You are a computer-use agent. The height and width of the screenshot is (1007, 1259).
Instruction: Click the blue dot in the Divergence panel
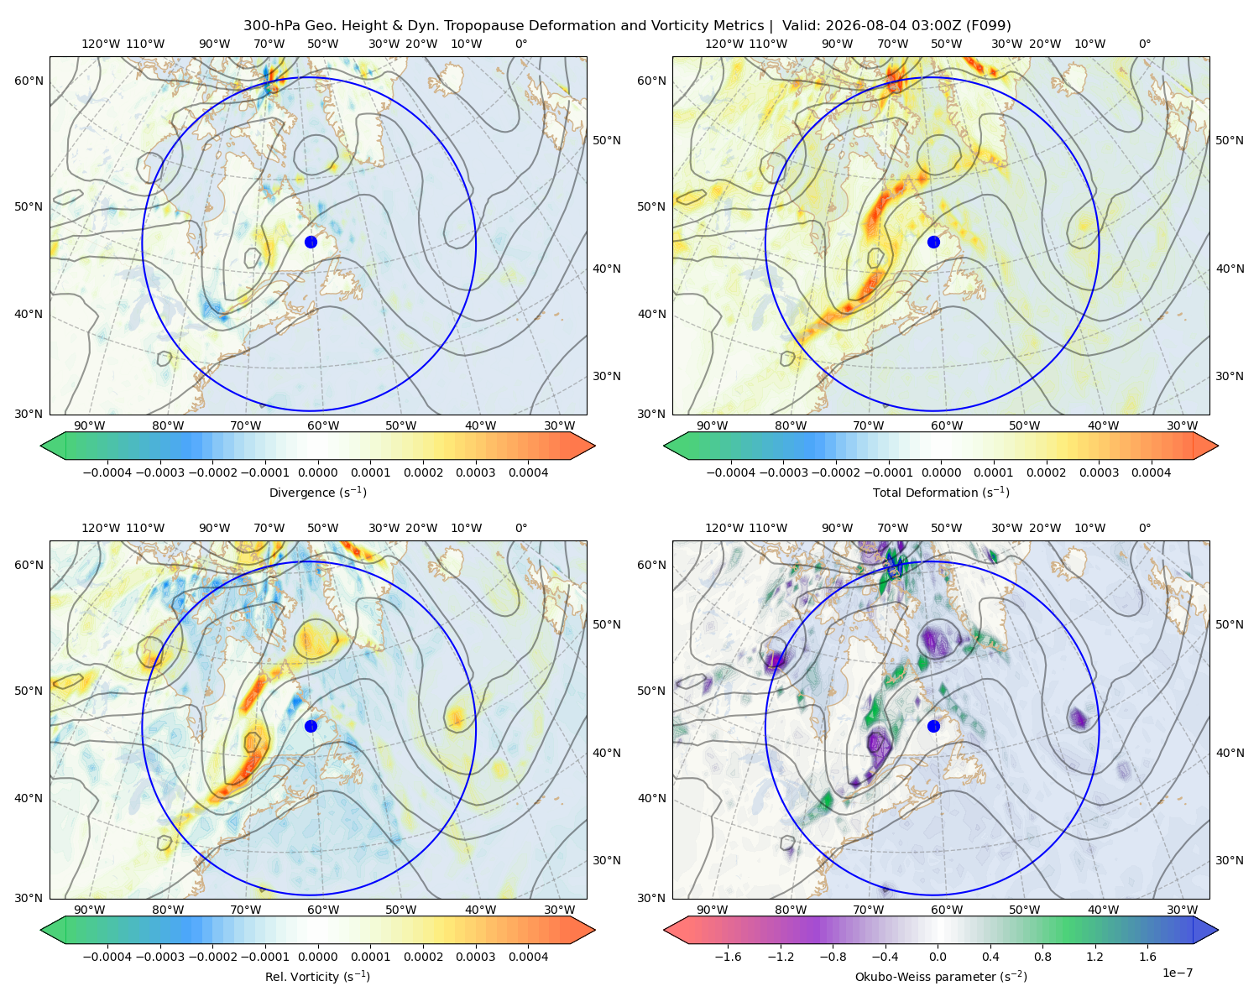click(311, 242)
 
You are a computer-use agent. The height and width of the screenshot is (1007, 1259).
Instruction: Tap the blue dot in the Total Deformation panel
click(933, 242)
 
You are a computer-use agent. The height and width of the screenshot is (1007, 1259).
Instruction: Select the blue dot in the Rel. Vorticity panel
click(311, 726)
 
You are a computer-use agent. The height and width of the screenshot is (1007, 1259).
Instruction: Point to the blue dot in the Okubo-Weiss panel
click(933, 726)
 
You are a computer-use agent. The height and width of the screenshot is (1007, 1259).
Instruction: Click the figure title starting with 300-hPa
click(627, 25)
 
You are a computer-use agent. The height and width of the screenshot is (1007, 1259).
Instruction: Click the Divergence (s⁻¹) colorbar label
click(317, 492)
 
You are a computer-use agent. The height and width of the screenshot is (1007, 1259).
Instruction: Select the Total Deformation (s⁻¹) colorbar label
click(941, 492)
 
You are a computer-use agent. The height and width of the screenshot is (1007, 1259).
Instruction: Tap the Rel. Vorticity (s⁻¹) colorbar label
click(317, 976)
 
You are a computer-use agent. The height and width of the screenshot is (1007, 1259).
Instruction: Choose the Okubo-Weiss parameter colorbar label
click(941, 976)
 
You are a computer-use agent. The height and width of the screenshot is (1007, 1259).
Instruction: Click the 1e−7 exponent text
click(1177, 973)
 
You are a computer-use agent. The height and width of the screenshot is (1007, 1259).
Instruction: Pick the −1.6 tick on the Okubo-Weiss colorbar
click(728, 957)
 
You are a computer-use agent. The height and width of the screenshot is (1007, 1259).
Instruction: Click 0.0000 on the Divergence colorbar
click(317, 472)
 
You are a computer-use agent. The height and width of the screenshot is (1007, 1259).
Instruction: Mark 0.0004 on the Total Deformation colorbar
click(1151, 472)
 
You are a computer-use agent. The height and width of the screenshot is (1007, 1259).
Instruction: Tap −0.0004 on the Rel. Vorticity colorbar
click(107, 957)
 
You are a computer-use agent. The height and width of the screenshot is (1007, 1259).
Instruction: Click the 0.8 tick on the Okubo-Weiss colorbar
click(1042, 957)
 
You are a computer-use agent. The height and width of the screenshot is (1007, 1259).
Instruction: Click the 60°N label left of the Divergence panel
click(29, 81)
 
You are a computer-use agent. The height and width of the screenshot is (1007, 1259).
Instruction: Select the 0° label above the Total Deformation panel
click(1144, 44)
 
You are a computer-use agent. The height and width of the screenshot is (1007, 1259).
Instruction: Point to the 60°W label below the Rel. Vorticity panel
click(323, 910)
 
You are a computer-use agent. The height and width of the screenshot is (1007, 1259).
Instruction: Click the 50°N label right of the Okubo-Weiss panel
click(1229, 624)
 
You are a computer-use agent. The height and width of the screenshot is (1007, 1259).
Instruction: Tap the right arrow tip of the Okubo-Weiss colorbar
click(1218, 930)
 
